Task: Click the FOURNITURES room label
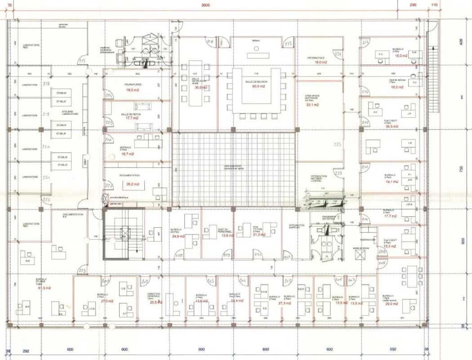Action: click(x=133, y=85)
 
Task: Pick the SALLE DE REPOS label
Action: click(x=131, y=115)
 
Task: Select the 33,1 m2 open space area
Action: click(x=312, y=104)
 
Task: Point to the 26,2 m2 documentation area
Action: click(x=133, y=184)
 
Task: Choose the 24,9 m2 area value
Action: click(x=178, y=236)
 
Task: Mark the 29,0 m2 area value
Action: click(x=392, y=304)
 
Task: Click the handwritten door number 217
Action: click(x=82, y=61)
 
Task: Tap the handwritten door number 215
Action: click(x=289, y=44)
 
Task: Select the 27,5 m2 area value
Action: click(x=107, y=301)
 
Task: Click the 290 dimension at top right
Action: click(x=413, y=5)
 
